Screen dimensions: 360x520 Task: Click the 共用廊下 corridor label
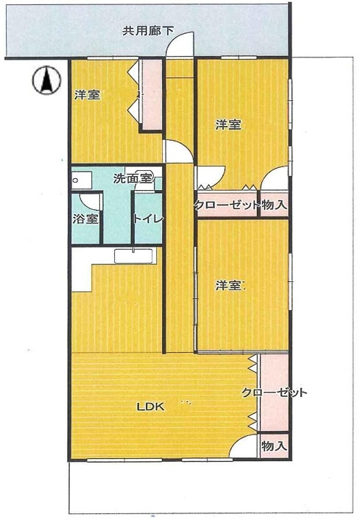(x=148, y=31)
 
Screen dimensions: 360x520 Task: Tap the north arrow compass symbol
(x=46, y=80)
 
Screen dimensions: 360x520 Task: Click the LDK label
(x=150, y=407)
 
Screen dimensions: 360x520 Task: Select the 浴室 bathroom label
(x=85, y=219)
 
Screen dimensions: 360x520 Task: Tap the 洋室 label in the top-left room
(x=87, y=95)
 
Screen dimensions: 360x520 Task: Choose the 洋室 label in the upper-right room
(x=228, y=125)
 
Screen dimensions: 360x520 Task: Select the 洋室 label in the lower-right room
(x=228, y=285)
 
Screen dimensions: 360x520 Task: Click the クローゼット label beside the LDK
(x=274, y=393)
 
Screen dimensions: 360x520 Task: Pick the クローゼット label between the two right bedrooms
(x=227, y=205)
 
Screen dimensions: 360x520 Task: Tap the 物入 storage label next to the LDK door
(x=274, y=446)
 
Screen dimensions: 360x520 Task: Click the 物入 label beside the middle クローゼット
(x=274, y=205)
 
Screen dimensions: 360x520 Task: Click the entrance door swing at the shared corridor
(x=180, y=44)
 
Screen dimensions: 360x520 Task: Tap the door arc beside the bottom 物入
(x=244, y=446)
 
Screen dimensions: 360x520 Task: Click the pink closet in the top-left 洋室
(x=152, y=95)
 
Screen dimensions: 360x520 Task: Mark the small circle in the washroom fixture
(x=76, y=180)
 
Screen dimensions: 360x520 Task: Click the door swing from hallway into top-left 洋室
(x=179, y=152)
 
